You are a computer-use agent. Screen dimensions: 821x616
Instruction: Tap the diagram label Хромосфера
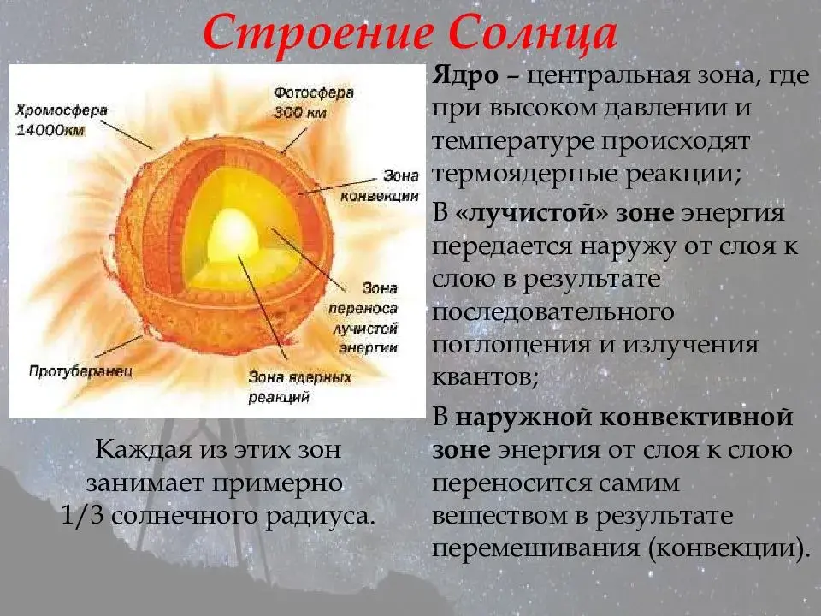pyautogui.click(x=62, y=110)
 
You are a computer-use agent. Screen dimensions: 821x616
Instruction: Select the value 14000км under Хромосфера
pyautogui.click(x=50, y=130)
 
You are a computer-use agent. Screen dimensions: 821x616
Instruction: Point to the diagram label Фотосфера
pyautogui.click(x=314, y=92)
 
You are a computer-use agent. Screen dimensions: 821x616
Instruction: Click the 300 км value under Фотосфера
pyautogui.click(x=300, y=113)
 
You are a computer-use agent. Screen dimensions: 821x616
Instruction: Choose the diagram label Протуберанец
pyautogui.click(x=80, y=371)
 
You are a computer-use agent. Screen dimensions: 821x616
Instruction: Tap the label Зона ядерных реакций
pyautogui.click(x=299, y=387)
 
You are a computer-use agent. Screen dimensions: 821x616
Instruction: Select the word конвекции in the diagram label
pyautogui.click(x=380, y=196)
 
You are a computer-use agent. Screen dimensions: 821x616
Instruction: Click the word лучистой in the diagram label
pyautogui.click(x=365, y=329)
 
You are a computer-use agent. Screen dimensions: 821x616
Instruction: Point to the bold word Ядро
pyautogui.click(x=465, y=76)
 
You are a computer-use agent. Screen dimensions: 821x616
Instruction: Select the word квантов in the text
pyautogui.click(x=485, y=377)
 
